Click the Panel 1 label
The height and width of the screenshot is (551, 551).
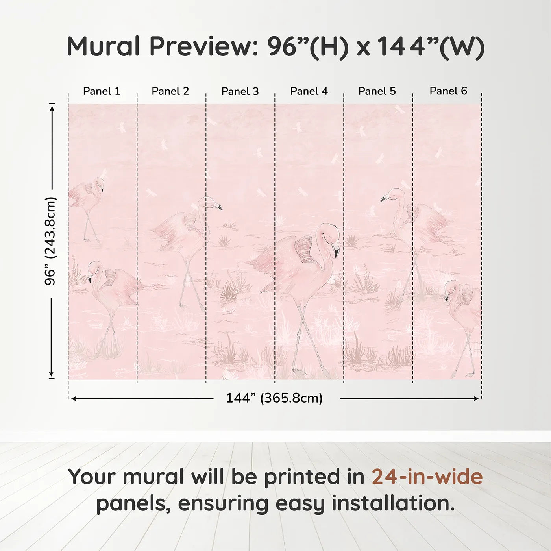(x=102, y=91)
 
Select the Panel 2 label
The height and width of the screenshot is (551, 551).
(x=170, y=91)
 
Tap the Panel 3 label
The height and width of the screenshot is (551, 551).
(x=240, y=91)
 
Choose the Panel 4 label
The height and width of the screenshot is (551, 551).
(x=309, y=91)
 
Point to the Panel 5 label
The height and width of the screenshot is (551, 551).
(x=377, y=91)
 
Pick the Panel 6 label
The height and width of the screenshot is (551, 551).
(x=448, y=91)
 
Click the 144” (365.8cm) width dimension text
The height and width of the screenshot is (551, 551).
(x=274, y=398)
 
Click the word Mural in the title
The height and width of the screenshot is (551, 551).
(x=104, y=46)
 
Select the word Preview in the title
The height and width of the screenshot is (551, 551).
(x=204, y=46)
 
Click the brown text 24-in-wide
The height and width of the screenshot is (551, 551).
(x=427, y=477)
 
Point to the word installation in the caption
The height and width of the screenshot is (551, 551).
(x=393, y=504)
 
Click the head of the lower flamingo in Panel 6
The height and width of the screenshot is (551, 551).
(x=451, y=287)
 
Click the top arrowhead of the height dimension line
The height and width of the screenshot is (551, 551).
(x=52, y=107)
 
